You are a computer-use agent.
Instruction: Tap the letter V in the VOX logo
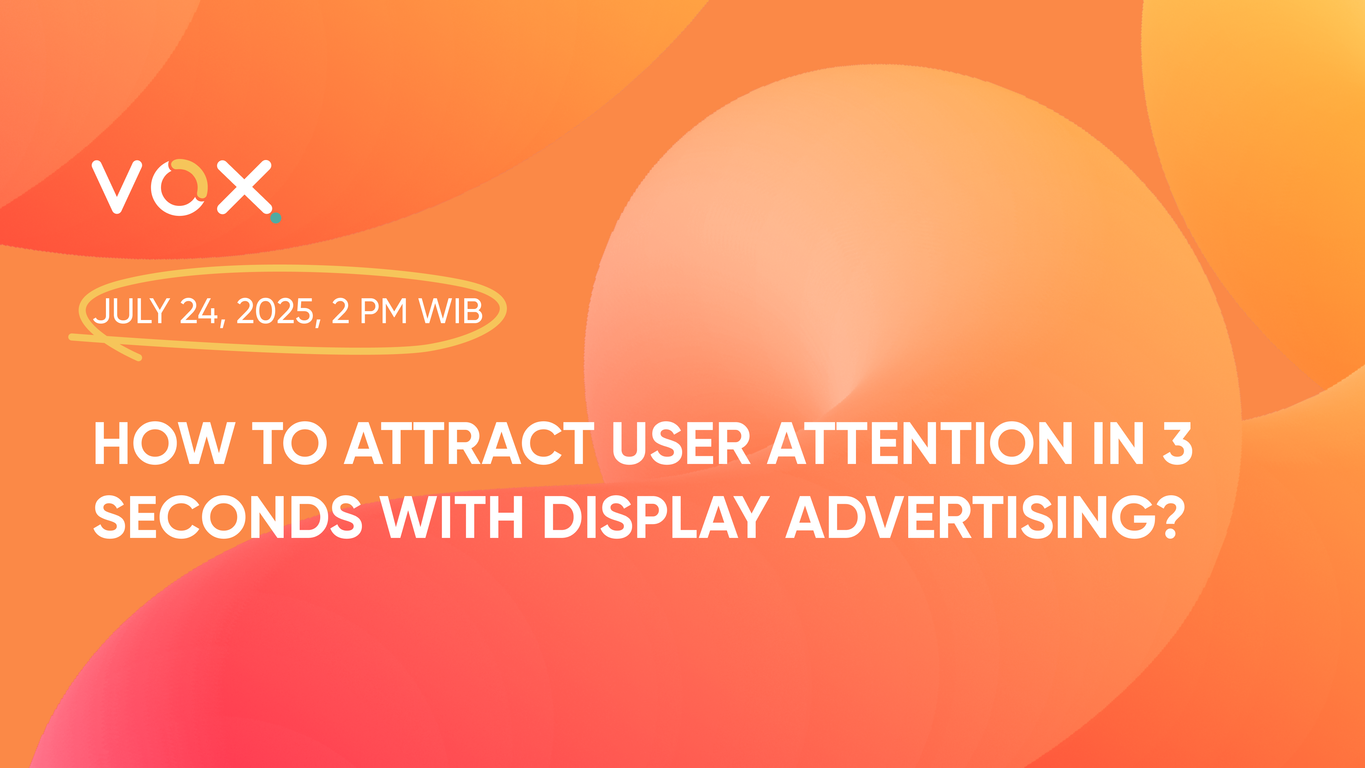pos(117,187)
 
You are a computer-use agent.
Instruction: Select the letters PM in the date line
pos(384,311)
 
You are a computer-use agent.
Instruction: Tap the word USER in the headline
pos(681,443)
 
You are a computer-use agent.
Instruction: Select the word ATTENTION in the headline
pos(920,443)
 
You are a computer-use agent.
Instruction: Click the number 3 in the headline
pos(1177,443)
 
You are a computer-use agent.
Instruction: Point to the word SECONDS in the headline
pos(228,517)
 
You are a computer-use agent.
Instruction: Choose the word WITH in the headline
pos(451,517)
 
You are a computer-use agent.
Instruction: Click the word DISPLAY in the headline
pos(657,517)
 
